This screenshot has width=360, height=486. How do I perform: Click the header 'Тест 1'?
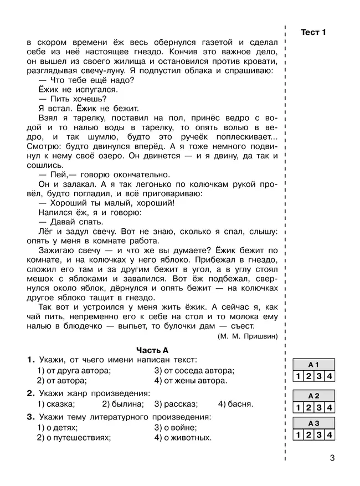pyautogui.click(x=313, y=32)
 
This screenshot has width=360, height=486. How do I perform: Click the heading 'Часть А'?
pyautogui.click(x=152, y=349)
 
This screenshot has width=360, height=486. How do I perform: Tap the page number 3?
pyautogui.click(x=332, y=458)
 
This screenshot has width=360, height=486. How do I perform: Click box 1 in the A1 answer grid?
pyautogui.click(x=298, y=377)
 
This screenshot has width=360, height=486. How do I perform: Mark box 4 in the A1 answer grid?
pyautogui.click(x=330, y=377)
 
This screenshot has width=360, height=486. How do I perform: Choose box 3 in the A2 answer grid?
pyautogui.click(x=320, y=408)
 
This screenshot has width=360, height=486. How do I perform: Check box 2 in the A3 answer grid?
pyautogui.click(x=308, y=435)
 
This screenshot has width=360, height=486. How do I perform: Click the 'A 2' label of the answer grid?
pyautogui.click(x=314, y=396)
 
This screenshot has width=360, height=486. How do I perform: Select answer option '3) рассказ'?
pyautogui.click(x=176, y=404)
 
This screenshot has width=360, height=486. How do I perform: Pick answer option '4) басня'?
pyautogui.click(x=235, y=404)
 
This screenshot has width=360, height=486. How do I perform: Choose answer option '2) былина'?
pyautogui.click(x=126, y=404)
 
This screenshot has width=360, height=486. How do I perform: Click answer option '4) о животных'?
pyautogui.click(x=183, y=438)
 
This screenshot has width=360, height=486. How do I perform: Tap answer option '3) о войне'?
pyautogui.click(x=176, y=427)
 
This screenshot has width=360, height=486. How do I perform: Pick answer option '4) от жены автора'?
pyautogui.click(x=191, y=381)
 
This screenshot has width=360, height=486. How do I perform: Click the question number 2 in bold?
pyautogui.click(x=30, y=393)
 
